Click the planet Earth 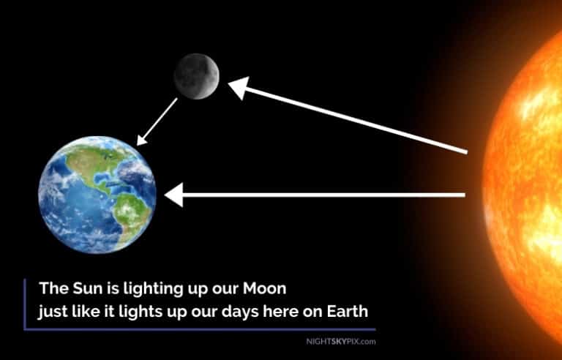pos(97,194)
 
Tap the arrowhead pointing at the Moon pos(239,87)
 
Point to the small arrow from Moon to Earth pos(157,121)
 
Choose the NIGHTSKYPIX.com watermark pos(340,341)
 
